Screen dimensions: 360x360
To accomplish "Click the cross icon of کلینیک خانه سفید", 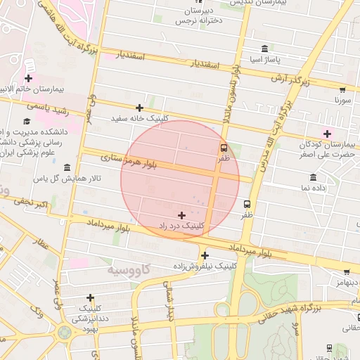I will (x=139, y=108).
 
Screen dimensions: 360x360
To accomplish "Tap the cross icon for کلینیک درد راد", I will (x=182, y=214).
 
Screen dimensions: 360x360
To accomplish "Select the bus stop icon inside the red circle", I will (x=224, y=148).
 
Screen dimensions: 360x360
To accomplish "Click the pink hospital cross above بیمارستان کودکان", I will (x=327, y=134).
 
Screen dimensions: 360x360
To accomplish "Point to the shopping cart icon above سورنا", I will (x=342, y=89).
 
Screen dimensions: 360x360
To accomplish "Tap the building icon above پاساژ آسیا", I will (x=264, y=49).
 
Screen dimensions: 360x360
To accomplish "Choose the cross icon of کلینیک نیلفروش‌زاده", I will (x=205, y=255).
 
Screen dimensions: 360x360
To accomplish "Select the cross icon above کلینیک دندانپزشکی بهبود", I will (x=90, y=297).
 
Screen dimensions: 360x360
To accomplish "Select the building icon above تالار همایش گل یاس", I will (x=67, y=167).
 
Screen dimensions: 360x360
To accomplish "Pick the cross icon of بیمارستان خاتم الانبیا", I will (x=28, y=78).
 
